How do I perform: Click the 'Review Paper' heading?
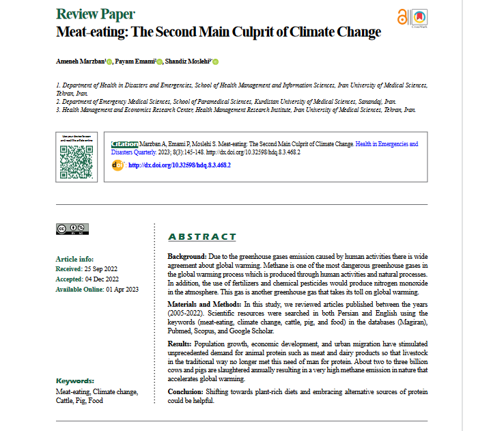95,14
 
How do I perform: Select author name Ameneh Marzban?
79,61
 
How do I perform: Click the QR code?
76,157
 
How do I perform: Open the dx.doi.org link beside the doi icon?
180,165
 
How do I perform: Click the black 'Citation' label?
124,145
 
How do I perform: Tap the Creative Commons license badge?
71,230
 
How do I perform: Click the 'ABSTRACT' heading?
202,237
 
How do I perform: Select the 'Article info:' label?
74,260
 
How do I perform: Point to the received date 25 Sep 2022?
100,269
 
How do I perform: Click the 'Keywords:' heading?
74,380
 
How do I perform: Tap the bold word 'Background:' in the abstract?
187,255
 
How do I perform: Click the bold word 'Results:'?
180,342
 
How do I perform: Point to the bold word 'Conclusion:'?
184,391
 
